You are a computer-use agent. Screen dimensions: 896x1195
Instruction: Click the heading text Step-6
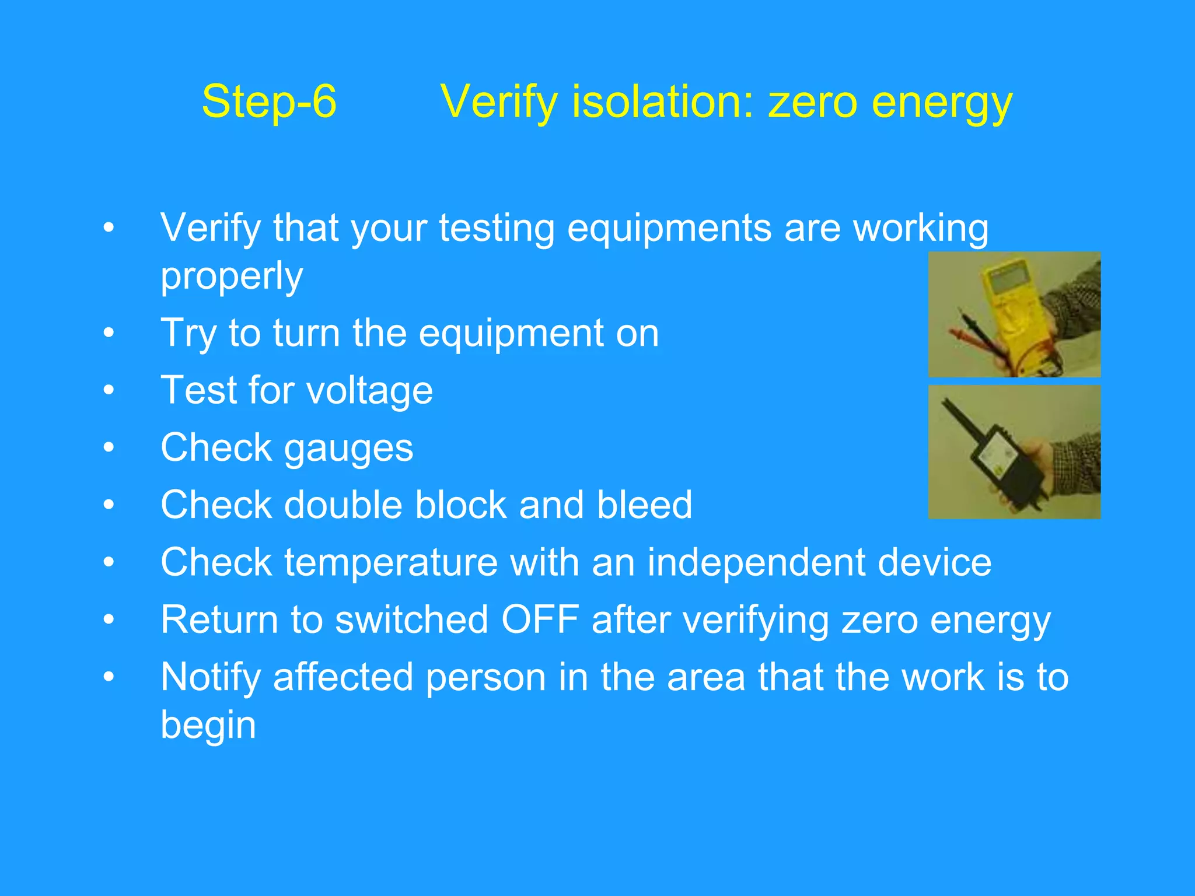(269, 101)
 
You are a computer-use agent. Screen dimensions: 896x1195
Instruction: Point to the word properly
(232, 277)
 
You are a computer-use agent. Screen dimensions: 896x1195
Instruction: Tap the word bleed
(644, 505)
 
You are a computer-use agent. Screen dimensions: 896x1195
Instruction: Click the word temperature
(391, 562)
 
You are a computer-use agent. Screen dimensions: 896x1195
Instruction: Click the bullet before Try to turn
(109, 333)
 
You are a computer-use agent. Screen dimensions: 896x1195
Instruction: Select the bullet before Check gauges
(109, 447)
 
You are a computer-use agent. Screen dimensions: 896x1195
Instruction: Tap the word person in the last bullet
(485, 678)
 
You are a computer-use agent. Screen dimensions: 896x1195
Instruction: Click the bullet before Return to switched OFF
(109, 619)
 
